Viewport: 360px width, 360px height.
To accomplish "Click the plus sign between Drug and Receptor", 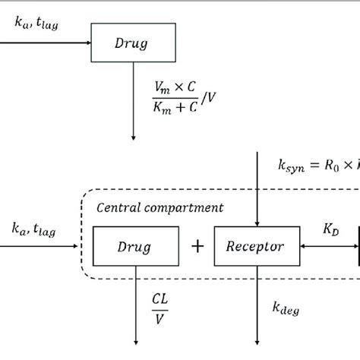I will [197, 247].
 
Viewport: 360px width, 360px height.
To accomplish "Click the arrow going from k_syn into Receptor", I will [261, 190].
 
